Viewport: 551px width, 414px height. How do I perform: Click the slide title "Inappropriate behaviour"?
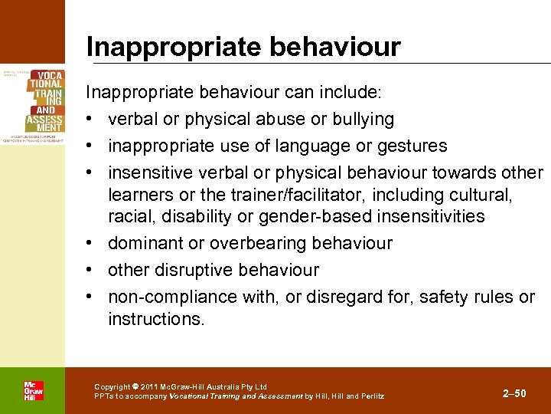(243, 48)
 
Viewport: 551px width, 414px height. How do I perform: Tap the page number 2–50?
(514, 393)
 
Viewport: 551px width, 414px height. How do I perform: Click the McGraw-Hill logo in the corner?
(33, 391)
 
